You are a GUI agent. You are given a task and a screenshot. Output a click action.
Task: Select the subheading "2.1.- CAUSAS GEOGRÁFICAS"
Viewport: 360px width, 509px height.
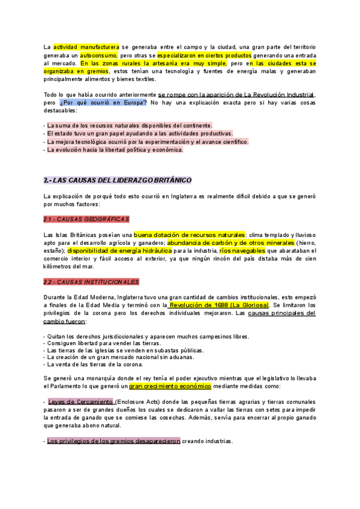86,219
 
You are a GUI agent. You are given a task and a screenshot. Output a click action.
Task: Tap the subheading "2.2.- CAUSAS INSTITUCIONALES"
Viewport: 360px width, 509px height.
91,282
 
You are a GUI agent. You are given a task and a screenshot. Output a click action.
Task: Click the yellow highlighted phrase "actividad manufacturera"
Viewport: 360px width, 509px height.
86,47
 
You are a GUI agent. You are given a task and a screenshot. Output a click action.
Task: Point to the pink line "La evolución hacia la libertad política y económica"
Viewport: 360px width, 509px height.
114,149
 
